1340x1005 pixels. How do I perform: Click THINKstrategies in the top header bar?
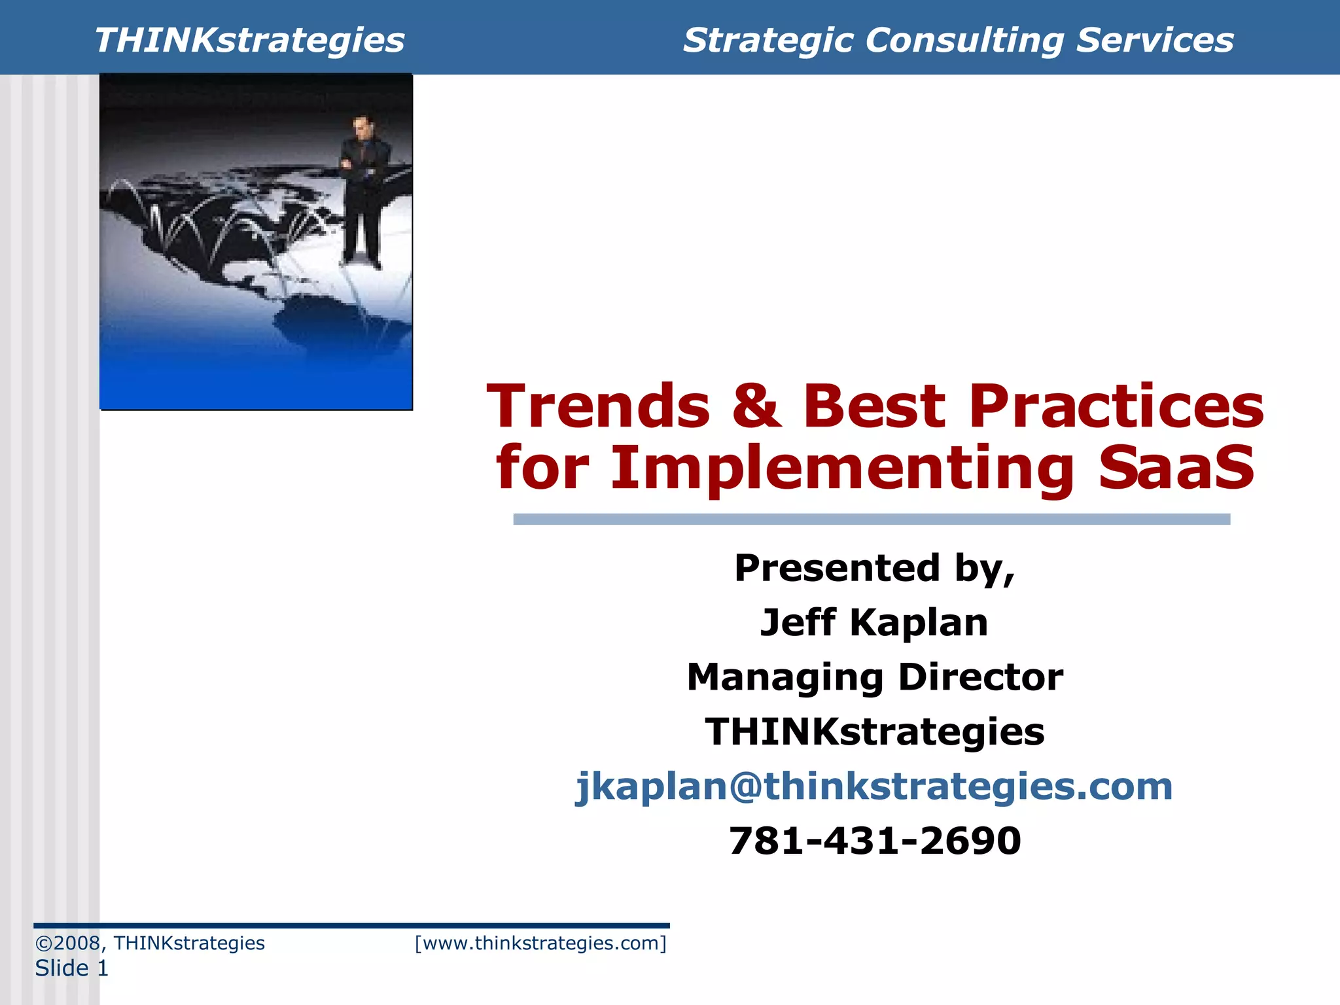[249, 41]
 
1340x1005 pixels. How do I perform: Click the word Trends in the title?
[598, 407]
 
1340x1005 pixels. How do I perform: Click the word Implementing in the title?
[842, 468]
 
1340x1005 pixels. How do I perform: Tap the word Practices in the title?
[1116, 407]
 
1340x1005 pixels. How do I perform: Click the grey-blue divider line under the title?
[872, 519]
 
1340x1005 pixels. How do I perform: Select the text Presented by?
[874, 568]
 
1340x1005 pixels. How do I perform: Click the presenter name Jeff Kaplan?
[874, 622]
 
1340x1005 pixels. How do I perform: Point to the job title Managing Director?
[874, 677]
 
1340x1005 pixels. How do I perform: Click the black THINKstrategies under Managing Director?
[874, 732]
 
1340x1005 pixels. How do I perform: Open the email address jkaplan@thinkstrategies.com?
[874, 786]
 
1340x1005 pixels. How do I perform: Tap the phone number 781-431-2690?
[874, 841]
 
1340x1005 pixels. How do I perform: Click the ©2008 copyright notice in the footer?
[150, 943]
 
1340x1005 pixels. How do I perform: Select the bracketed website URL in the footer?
[540, 943]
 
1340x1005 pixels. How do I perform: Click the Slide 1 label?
[71, 968]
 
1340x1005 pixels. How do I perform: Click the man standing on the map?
[362, 190]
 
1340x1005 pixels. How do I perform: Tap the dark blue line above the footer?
[351, 926]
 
